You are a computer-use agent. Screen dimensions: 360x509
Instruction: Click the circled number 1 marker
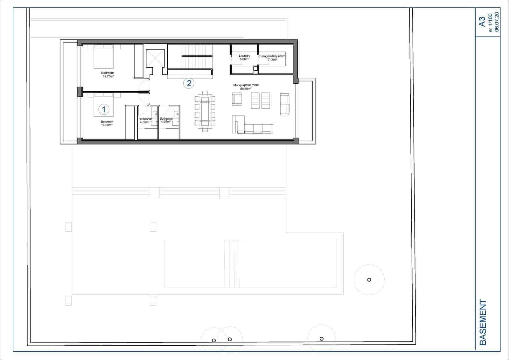pos(104,109)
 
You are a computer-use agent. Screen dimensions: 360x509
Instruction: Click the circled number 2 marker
pos(189,84)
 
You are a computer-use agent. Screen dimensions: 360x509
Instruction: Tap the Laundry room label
pos(245,58)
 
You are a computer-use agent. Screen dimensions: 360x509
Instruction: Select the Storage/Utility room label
pos(272,58)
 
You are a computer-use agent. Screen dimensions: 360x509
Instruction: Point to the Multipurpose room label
pos(246,87)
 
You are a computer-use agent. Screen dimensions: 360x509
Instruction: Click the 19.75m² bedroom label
pos(107,75)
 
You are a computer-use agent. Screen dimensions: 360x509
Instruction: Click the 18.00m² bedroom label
pos(107,124)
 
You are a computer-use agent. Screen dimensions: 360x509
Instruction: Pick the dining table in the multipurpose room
pos(205,111)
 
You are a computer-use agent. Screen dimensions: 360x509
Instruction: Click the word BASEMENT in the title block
pos(483,322)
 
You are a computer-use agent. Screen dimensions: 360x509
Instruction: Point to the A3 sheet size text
pos(483,22)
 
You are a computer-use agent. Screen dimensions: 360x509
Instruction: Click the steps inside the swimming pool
pos(232,264)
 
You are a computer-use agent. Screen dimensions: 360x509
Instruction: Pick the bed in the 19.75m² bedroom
pos(104,56)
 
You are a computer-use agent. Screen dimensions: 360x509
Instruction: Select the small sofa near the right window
pos(284,104)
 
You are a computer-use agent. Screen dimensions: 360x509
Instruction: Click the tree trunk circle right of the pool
pos(369,280)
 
